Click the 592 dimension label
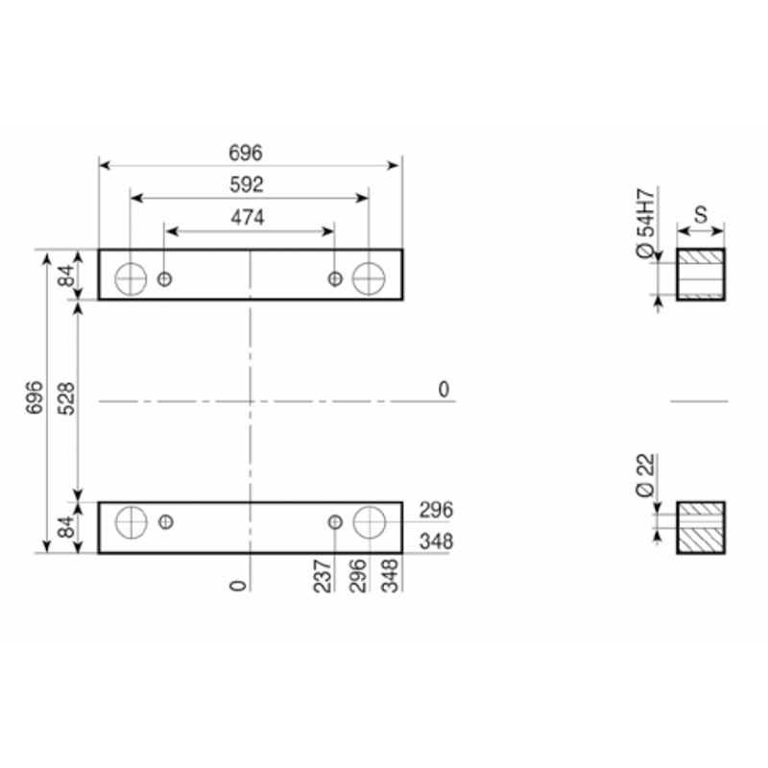click(247, 184)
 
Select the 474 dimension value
click(248, 218)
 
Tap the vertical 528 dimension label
click(66, 398)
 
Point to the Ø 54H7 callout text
click(645, 223)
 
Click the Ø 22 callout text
click(645, 475)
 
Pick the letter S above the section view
click(701, 214)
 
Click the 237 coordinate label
click(323, 576)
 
